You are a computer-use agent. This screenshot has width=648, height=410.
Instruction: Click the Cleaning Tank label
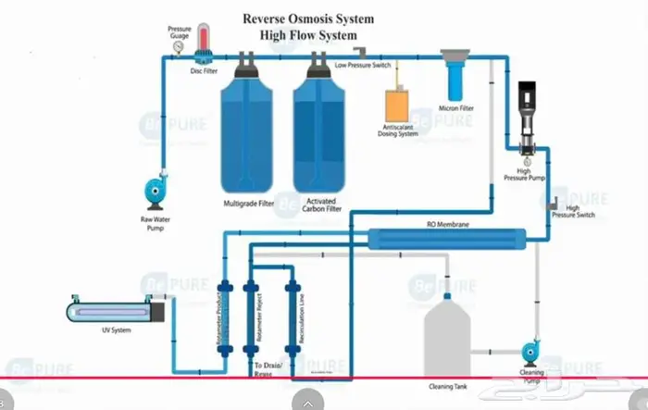point(446,385)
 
